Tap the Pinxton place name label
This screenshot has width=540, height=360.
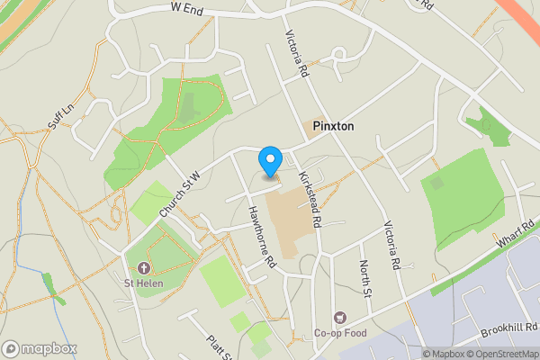(x=333, y=127)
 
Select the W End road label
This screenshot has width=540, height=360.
(x=186, y=7)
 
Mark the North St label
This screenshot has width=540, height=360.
(x=365, y=278)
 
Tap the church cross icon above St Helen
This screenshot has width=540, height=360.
(x=143, y=268)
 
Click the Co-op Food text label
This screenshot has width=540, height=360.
(x=341, y=333)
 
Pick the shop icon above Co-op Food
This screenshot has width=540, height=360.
(x=340, y=317)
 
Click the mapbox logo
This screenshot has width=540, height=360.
(x=39, y=348)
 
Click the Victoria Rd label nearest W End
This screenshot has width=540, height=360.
(x=296, y=53)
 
